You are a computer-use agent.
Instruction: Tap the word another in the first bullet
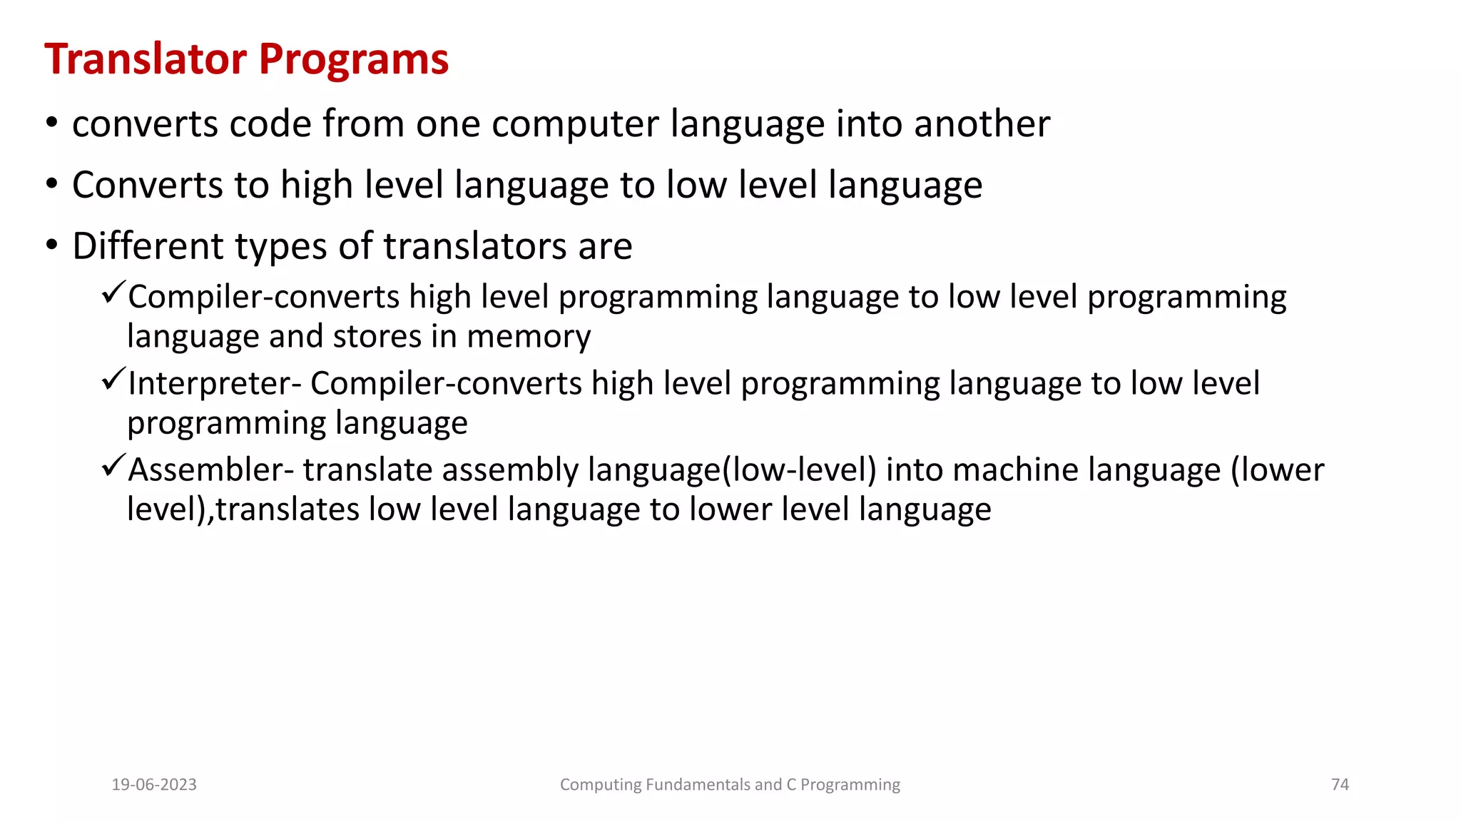click(x=982, y=124)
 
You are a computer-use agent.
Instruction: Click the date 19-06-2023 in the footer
click(x=154, y=785)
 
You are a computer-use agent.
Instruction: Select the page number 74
click(x=1340, y=785)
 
